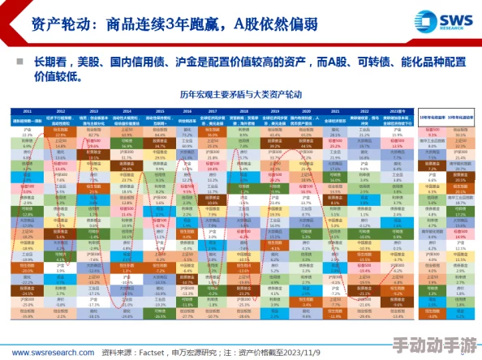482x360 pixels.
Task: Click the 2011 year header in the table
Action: [27, 111]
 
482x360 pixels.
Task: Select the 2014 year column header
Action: [127, 111]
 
